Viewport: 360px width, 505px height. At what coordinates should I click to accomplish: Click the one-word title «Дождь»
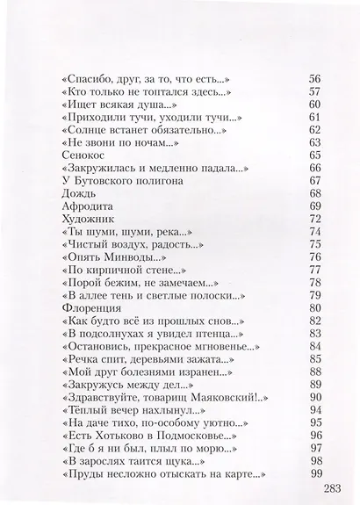pos(80,192)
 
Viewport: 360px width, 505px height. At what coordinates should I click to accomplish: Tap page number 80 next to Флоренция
pos(315,308)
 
